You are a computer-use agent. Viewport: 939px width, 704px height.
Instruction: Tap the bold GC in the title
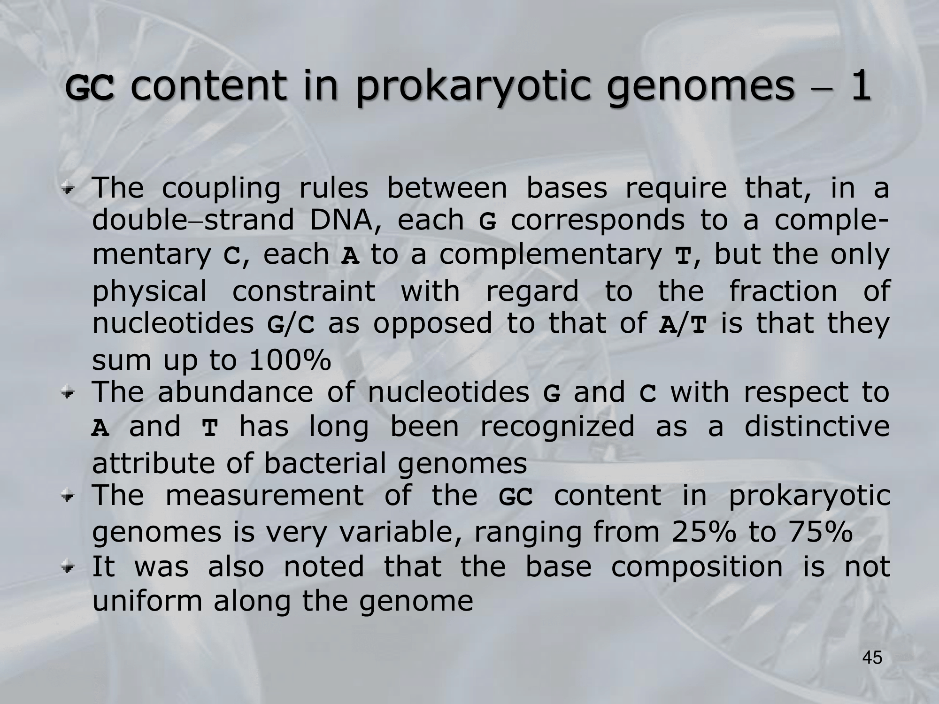click(89, 89)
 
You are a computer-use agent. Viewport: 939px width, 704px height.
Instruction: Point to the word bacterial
click(325, 463)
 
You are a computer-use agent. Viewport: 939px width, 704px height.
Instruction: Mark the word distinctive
click(817, 426)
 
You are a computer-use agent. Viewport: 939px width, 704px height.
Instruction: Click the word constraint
click(304, 291)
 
